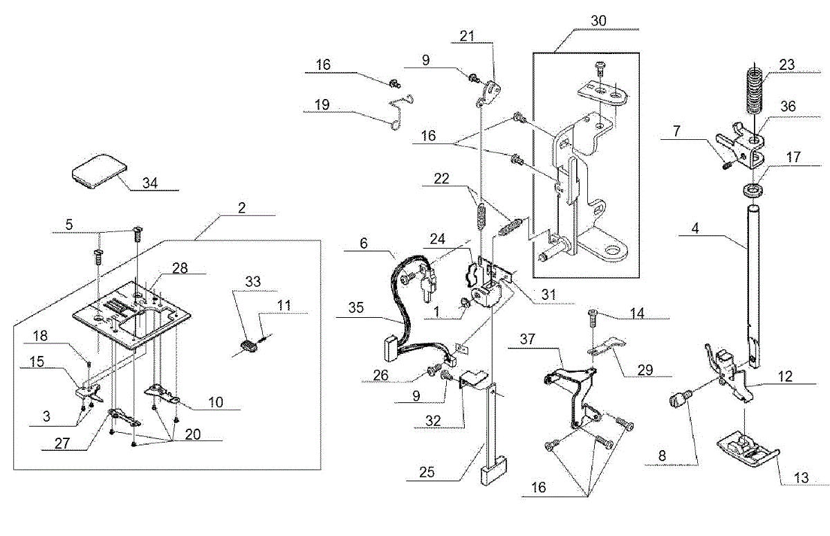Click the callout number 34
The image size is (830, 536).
point(150,183)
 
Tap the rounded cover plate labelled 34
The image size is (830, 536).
point(100,170)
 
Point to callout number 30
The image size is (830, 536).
point(598,21)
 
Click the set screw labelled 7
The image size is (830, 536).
point(727,164)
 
